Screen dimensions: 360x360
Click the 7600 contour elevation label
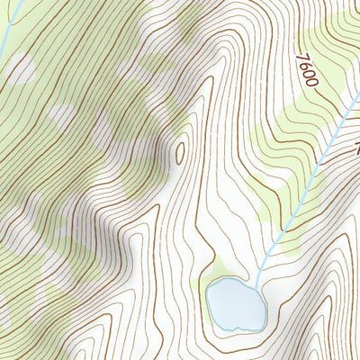tap(306, 69)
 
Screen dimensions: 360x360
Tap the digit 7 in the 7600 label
tap(300, 58)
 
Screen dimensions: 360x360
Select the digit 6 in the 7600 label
tap(303, 65)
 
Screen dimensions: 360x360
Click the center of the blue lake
tap(236, 302)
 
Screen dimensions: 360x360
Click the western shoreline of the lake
tap(208, 301)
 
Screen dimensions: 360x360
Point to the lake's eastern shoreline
tap(265, 306)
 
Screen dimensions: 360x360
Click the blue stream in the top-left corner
tap(6, 27)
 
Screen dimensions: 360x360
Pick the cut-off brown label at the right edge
tap(355, 144)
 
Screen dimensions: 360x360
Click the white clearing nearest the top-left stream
tap(22, 67)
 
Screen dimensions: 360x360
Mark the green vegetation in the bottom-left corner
tap(18, 333)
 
